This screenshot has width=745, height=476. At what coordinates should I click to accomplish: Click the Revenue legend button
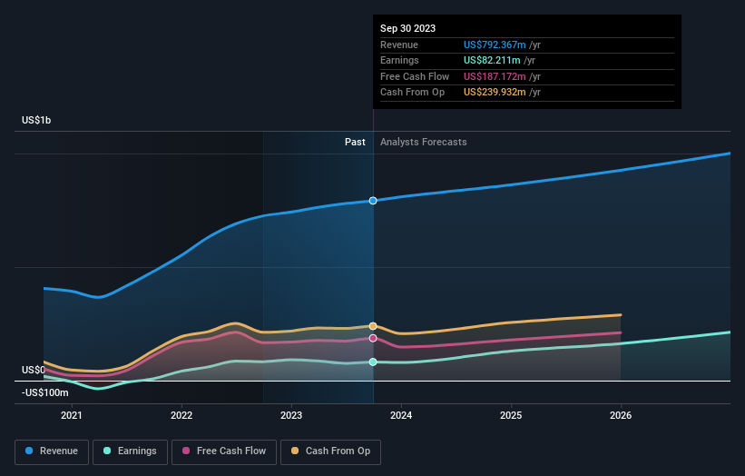click(52, 451)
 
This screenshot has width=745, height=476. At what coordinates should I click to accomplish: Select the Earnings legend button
click(130, 451)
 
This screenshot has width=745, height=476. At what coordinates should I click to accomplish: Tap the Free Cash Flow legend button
click(224, 451)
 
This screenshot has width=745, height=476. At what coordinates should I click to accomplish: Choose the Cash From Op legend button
click(330, 451)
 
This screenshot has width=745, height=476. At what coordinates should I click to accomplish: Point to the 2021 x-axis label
click(72, 416)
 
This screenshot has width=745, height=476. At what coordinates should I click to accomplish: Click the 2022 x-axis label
click(181, 416)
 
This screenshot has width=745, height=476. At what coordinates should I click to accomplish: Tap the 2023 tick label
click(291, 416)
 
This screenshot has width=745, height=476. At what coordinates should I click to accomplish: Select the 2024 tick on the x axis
click(401, 416)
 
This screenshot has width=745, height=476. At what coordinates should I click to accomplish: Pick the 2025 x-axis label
click(511, 416)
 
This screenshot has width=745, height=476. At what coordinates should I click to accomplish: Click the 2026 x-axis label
click(621, 416)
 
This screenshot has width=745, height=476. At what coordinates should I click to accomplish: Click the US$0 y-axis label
click(34, 370)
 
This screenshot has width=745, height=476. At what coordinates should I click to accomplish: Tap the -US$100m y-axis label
click(44, 392)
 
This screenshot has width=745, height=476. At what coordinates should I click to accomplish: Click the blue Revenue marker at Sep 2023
click(373, 200)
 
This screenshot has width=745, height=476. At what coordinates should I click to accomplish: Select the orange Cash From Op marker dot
click(373, 326)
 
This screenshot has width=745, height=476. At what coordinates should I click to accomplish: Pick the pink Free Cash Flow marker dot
click(373, 338)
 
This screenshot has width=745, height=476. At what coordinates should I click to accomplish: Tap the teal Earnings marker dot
click(373, 362)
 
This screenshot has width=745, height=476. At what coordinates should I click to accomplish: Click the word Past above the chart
click(355, 142)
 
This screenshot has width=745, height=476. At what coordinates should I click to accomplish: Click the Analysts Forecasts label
click(424, 142)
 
